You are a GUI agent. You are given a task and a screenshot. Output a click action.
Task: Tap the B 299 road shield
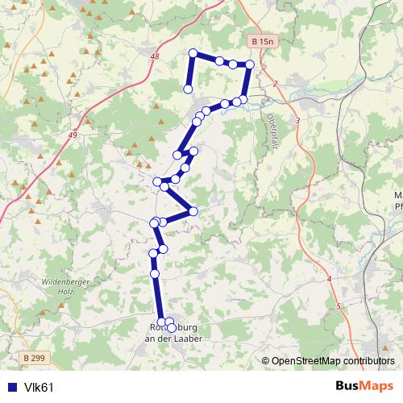point(34,358)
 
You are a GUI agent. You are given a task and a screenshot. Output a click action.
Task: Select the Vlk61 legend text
point(39,388)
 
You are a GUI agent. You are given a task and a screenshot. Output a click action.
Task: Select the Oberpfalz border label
point(269,129)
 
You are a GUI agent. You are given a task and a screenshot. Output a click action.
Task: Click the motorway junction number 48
point(155,56)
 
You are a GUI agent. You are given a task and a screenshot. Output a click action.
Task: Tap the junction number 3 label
point(297,120)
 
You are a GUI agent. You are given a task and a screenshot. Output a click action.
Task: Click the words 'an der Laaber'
point(172,339)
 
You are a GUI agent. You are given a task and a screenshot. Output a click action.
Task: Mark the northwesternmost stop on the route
point(193,53)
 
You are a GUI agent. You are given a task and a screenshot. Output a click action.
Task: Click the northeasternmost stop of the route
point(249,64)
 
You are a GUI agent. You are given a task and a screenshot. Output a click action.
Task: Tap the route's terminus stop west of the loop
point(187,89)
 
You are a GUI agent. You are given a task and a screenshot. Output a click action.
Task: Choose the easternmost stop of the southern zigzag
point(193,211)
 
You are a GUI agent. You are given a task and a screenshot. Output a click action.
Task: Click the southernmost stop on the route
point(172,328)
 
